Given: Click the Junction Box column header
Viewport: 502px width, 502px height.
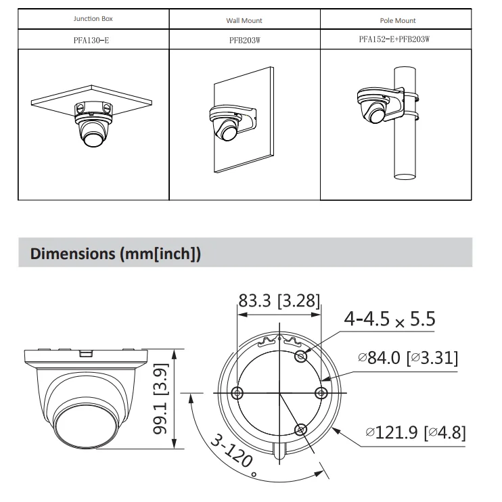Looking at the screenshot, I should coord(93,20).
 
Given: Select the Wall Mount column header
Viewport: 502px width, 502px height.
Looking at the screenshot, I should coord(244,20).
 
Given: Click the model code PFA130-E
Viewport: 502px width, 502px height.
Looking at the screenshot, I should coord(91,40).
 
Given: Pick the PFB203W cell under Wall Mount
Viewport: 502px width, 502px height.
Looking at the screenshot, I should coord(244,40).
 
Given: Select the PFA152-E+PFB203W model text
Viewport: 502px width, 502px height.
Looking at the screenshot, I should coord(394,40).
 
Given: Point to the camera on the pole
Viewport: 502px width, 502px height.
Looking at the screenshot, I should coord(373,108).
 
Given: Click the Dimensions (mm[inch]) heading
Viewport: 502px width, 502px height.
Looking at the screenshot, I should coord(116,254).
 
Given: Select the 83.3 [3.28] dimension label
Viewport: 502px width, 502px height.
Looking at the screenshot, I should coord(279,300).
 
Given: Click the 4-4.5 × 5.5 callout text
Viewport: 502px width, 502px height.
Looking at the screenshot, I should coord(389,319).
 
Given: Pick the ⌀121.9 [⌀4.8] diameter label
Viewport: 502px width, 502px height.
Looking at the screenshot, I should coord(415,432).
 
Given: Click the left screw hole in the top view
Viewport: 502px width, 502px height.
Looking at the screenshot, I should coord(236,392).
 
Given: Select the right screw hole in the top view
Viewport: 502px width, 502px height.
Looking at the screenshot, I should coord(322,392).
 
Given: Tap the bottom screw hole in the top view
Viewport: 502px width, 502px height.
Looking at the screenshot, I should coord(301,428).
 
